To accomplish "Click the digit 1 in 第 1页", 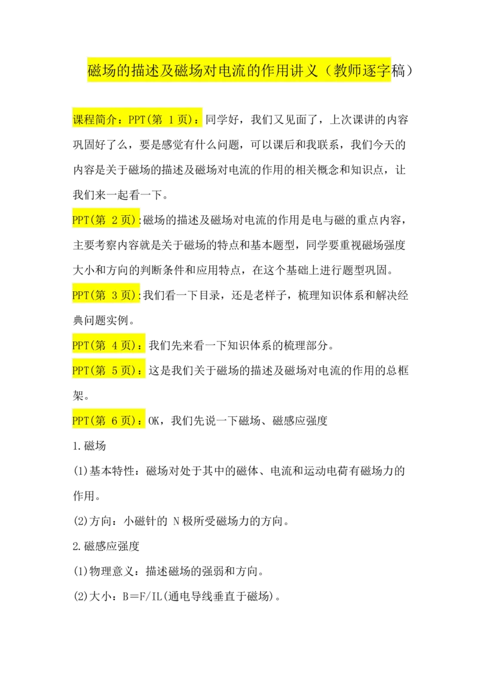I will tap(171, 119).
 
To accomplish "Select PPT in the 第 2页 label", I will tap(81, 220).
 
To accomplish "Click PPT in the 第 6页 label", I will tap(81, 420).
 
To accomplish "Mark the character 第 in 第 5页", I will tap(100, 370).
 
